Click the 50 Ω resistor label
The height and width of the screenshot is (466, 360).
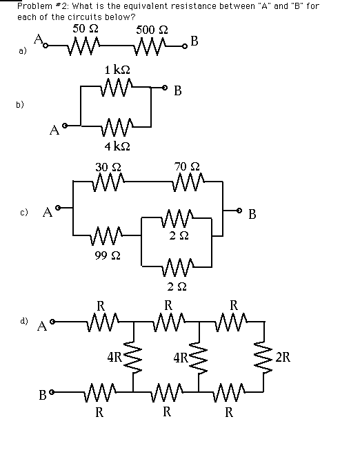(x=86, y=29)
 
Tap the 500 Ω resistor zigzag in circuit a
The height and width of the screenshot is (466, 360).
(x=148, y=46)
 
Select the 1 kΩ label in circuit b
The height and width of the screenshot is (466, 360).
(x=117, y=70)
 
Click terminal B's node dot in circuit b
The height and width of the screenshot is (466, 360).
(x=164, y=88)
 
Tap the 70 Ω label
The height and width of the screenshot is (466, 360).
(x=187, y=166)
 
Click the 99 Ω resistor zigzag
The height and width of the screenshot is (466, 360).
(x=108, y=236)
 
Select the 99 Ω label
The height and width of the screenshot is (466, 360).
(x=108, y=255)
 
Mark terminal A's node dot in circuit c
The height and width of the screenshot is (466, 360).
(x=59, y=207)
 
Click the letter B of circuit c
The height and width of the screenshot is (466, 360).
(x=252, y=214)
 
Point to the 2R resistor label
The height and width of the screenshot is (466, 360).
(x=283, y=357)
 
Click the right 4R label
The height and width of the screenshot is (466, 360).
(x=181, y=358)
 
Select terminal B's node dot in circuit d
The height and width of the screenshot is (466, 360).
(x=52, y=393)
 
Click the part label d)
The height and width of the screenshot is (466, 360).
(x=23, y=321)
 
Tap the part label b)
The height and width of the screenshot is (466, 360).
(x=19, y=105)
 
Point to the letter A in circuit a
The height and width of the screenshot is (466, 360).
(x=39, y=39)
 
